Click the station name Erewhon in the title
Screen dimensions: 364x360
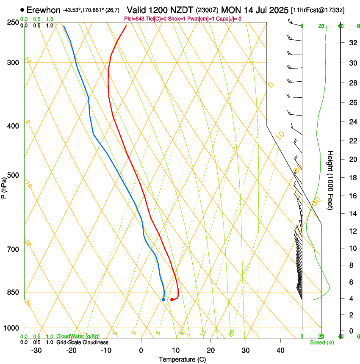44,10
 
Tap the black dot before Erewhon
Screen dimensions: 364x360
22,10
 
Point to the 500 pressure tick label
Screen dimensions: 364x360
14,175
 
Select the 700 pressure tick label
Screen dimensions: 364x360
14,249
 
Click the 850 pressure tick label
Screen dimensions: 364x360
14,292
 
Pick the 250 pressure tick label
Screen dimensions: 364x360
14,22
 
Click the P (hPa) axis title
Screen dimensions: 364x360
4,186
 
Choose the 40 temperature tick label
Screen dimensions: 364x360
280,350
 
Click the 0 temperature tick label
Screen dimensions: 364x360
141,350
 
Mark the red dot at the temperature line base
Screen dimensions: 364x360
172,300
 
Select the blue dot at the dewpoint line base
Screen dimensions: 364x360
163,300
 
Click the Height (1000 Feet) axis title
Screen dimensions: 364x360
330,180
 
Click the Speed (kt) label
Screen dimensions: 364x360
322,342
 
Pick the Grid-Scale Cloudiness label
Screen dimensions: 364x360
82,342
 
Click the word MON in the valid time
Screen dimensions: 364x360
231,10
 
